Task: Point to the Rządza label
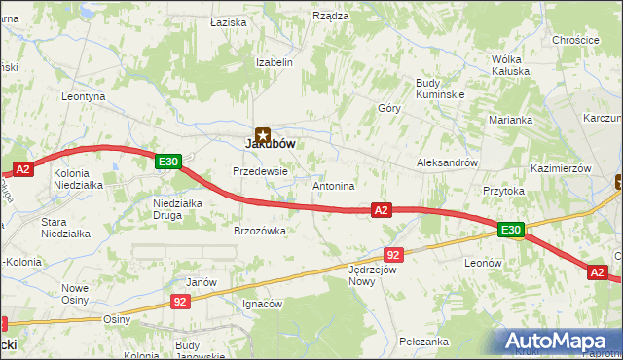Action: (x=330, y=16)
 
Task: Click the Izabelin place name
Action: (x=274, y=62)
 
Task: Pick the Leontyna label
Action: (x=83, y=97)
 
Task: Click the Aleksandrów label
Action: (x=447, y=162)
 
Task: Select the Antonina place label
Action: (x=333, y=185)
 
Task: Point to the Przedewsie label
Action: (x=260, y=170)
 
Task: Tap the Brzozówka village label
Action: (x=259, y=231)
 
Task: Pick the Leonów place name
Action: (x=482, y=263)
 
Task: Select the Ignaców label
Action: (x=262, y=304)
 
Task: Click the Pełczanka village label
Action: (x=423, y=342)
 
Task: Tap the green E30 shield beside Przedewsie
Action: (x=167, y=162)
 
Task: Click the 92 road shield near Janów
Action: (x=180, y=303)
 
